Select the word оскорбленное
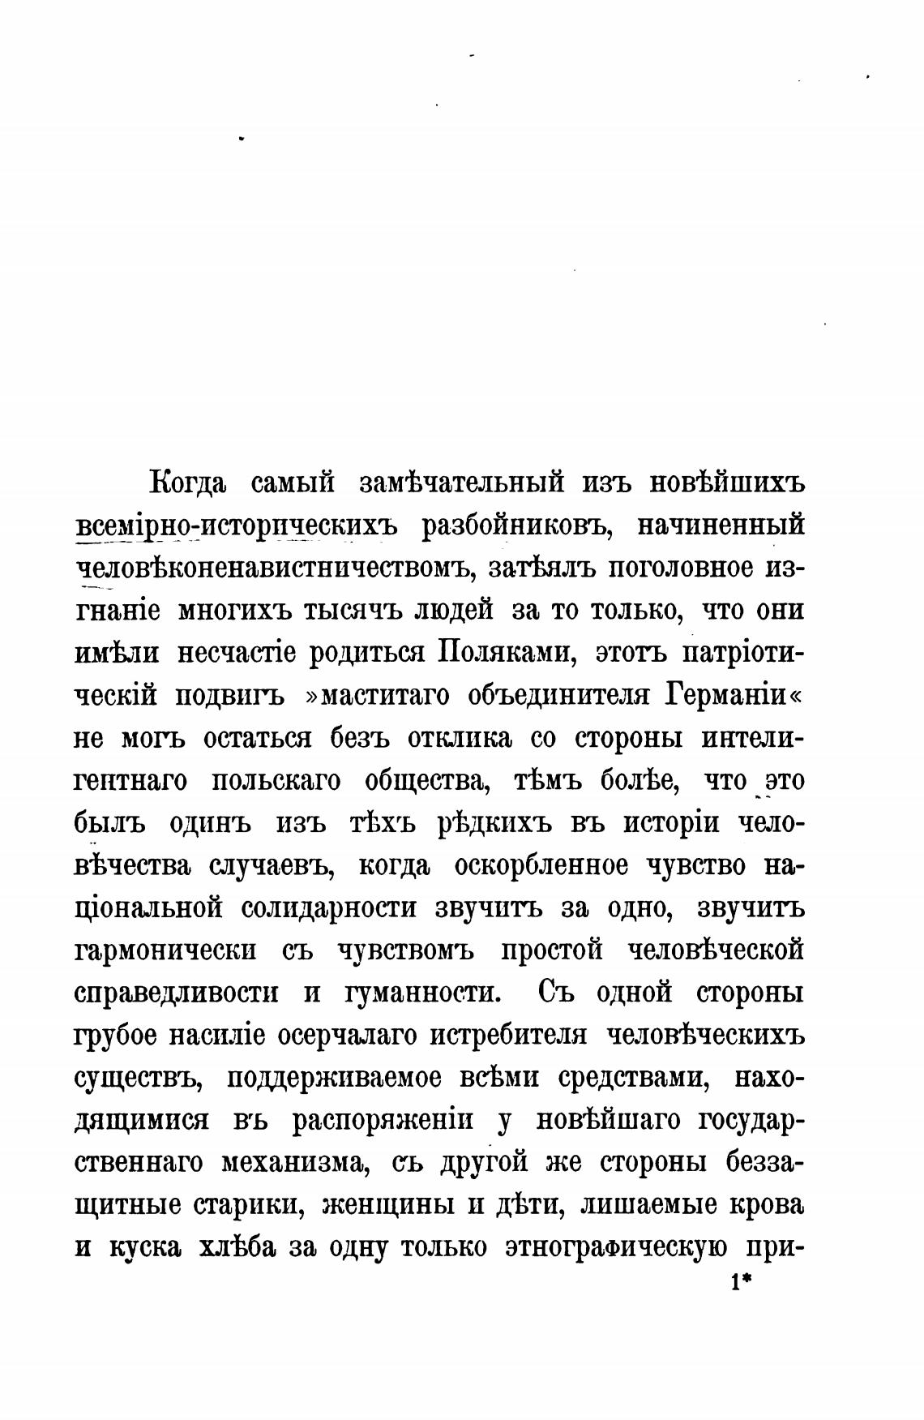click(541, 865)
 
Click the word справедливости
click(176, 993)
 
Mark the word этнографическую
click(615, 1247)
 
